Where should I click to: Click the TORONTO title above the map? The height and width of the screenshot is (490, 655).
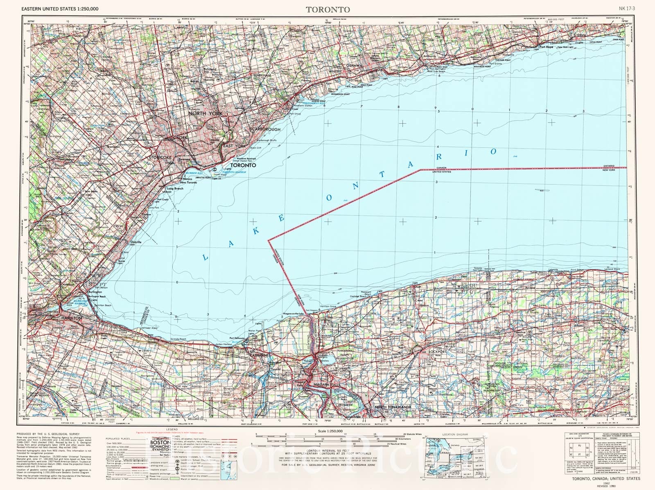(327, 9)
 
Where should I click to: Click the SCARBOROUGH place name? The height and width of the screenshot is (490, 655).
(265, 129)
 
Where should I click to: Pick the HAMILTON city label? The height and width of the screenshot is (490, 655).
(72, 318)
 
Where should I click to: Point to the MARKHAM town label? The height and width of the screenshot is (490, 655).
(262, 75)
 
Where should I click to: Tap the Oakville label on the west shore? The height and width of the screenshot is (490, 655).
(136, 242)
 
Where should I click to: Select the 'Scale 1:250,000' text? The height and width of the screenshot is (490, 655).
(327, 431)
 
